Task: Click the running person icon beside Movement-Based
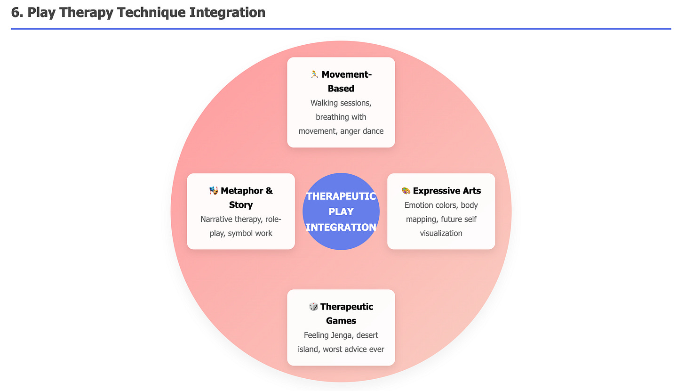click(314, 74)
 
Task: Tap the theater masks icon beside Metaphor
click(214, 191)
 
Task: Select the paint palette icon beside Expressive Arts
click(406, 191)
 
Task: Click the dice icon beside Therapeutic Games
click(313, 307)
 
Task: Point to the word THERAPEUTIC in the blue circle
click(341, 196)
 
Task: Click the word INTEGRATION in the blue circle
click(341, 227)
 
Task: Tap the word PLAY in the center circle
click(341, 212)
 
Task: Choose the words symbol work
click(250, 233)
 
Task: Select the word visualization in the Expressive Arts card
click(441, 233)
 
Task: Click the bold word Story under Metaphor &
click(241, 205)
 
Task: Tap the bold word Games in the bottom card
click(341, 321)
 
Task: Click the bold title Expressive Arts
click(447, 191)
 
